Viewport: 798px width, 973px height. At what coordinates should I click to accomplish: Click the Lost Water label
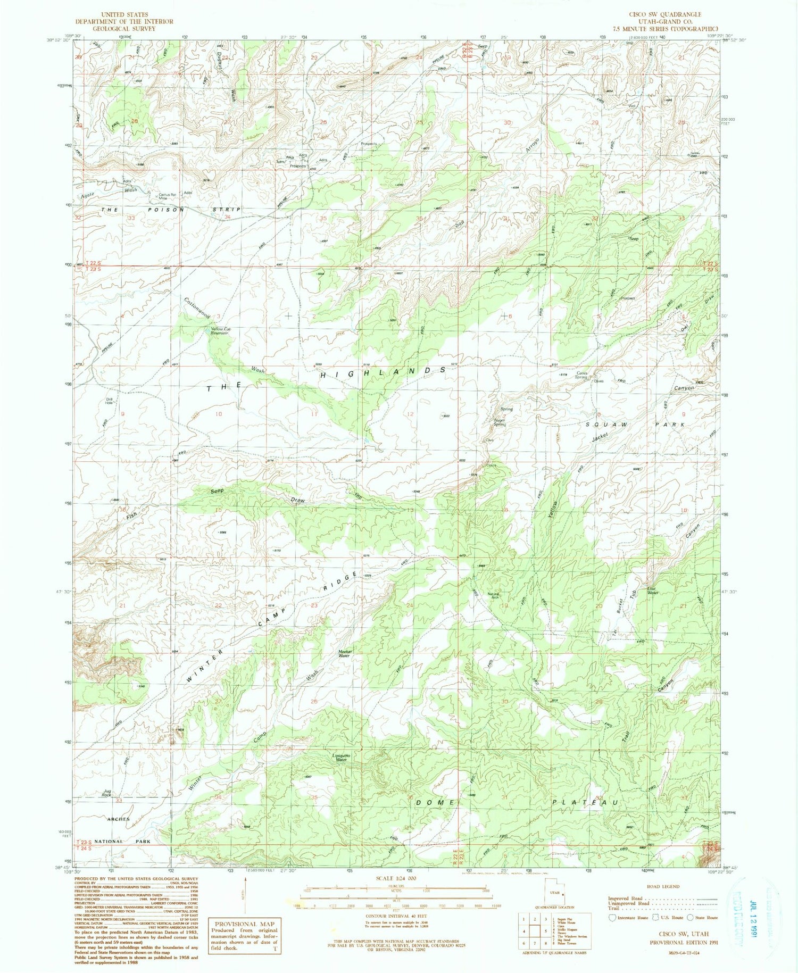pyautogui.click(x=653, y=591)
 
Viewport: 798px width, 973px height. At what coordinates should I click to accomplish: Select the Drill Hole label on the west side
pyautogui.click(x=109, y=401)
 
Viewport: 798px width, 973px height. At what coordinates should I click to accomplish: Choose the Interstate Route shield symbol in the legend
pyautogui.click(x=612, y=917)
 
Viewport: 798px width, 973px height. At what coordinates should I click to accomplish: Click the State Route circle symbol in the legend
pyautogui.click(x=690, y=917)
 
